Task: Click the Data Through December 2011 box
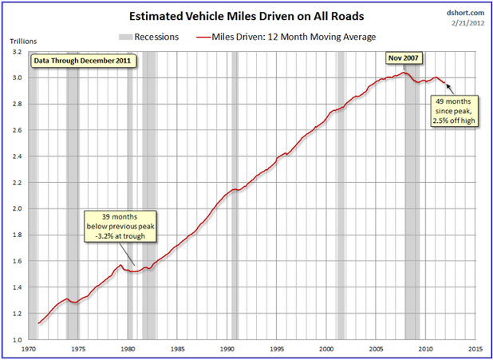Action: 83,60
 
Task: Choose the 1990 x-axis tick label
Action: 227,349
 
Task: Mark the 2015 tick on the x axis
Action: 474,349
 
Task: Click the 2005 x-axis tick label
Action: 375,349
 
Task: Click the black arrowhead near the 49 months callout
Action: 444,81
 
